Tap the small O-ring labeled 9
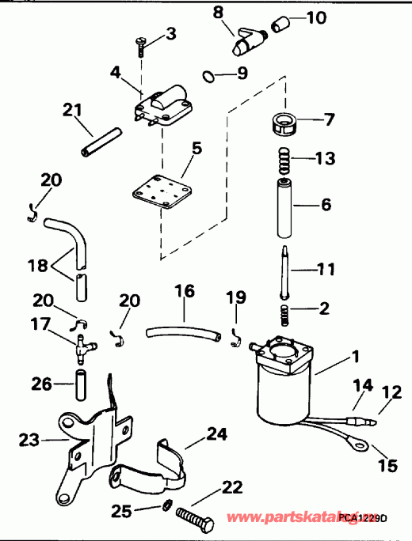click(208, 77)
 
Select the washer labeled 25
click(167, 505)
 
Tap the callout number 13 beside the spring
click(326, 159)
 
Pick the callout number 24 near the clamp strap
click(217, 433)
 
